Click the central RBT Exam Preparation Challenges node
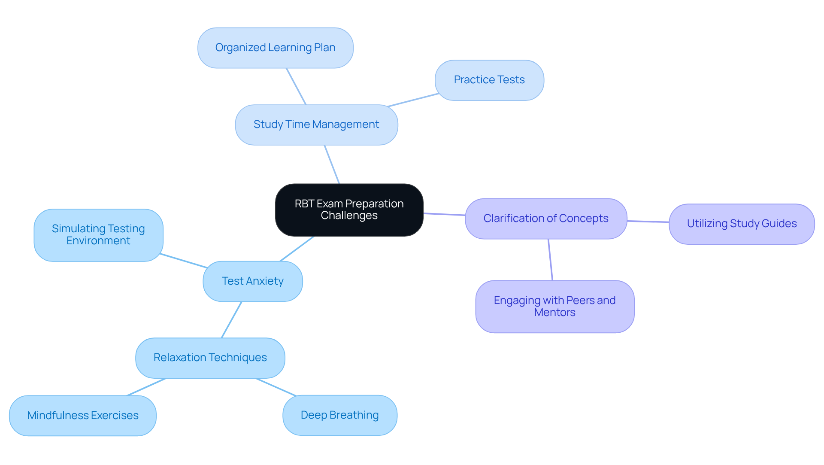point(349,210)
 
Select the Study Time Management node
point(316,125)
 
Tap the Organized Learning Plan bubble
point(275,48)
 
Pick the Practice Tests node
point(489,80)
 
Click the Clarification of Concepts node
point(546,219)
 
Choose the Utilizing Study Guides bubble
point(742,224)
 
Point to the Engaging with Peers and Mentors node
point(554,307)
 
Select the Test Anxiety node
point(252,281)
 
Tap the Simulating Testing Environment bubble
point(98,235)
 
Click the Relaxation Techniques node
point(210,358)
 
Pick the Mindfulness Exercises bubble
point(83,416)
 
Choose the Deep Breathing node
point(339,415)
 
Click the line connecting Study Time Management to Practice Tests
point(413,100)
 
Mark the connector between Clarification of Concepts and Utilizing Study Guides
point(648,222)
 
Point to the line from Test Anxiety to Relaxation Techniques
point(232,320)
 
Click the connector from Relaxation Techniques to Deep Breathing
point(276,387)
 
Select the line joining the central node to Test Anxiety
point(297,249)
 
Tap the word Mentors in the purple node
point(554,313)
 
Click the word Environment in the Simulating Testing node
point(98,241)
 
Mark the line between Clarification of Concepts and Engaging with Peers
point(550,260)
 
